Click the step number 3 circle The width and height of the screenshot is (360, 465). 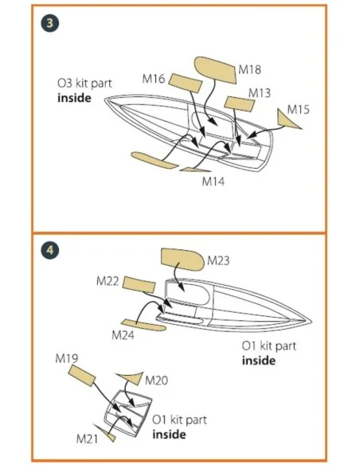point(50,23)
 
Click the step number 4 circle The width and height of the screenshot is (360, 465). point(50,250)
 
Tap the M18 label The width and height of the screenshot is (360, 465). point(249,69)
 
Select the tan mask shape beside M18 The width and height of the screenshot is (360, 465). point(215,70)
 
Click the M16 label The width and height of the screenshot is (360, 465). point(153,79)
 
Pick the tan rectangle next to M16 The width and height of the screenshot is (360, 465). point(186,84)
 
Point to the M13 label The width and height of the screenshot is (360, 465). point(260,93)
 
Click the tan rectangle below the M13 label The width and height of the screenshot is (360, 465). point(240,104)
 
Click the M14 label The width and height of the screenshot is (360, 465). point(213,182)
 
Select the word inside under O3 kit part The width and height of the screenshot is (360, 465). point(74,98)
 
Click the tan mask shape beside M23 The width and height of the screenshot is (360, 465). point(182,260)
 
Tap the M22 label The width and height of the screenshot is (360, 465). point(108,281)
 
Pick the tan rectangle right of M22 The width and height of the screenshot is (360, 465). point(139,285)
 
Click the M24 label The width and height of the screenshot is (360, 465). point(123,335)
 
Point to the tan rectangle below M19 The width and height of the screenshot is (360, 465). point(82,376)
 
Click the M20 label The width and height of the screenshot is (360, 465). point(156,380)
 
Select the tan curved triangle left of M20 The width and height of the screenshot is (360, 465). point(131,377)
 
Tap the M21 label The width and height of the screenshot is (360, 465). point(87,439)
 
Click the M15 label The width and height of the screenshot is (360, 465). point(299,109)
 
